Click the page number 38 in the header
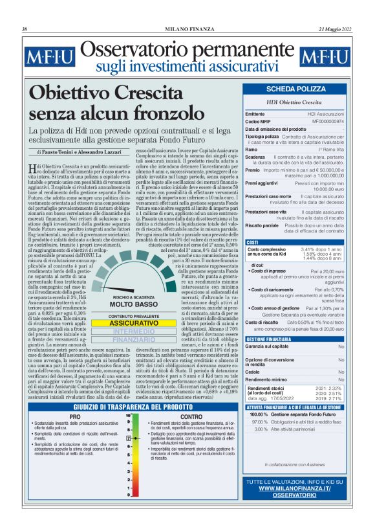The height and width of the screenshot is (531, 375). pos(25,29)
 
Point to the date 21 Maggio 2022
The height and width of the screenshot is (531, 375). pos(336,29)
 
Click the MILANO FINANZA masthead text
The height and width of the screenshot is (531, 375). pos(187,29)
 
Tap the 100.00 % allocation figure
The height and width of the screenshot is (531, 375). pos(259,414)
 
